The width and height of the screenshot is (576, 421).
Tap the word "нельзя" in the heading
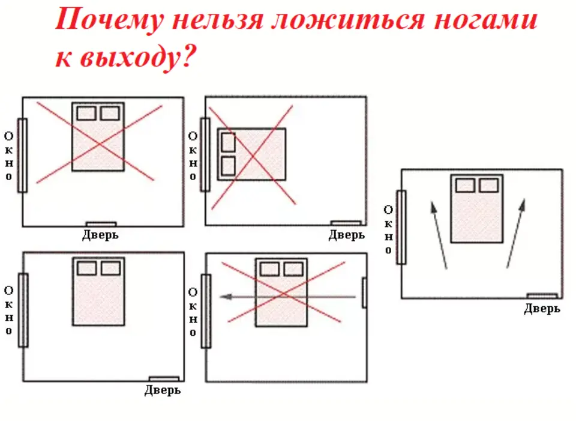pyautogui.click(x=218, y=20)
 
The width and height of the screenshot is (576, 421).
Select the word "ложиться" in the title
pyautogui.click(x=348, y=20)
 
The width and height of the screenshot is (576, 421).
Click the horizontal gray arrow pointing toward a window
pyautogui.click(x=288, y=297)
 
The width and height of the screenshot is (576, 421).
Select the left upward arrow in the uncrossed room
pyautogui.click(x=439, y=235)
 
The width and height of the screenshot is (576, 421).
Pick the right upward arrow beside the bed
pyautogui.click(x=516, y=234)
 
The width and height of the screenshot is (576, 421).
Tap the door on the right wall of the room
pyautogui.click(x=364, y=293)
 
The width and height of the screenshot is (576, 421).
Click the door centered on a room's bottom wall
pyautogui.click(x=101, y=224)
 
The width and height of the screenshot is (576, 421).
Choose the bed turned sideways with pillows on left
pyautogui.click(x=251, y=154)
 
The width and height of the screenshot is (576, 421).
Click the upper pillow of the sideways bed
pyautogui.click(x=229, y=142)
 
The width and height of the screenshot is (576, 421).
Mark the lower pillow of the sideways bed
pyautogui.click(x=229, y=166)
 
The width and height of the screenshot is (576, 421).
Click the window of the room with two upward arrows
pyautogui.click(x=401, y=227)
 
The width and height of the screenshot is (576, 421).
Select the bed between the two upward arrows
pyautogui.click(x=477, y=209)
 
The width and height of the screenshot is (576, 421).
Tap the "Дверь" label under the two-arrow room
pyautogui.click(x=542, y=309)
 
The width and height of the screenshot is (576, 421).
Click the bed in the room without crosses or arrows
pyautogui.click(x=98, y=291)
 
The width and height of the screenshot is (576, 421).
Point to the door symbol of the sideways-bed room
pyautogui.click(x=346, y=223)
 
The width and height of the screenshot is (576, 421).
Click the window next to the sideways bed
pyautogui.click(x=205, y=154)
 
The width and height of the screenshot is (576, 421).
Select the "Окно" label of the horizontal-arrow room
pyautogui.click(x=193, y=312)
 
